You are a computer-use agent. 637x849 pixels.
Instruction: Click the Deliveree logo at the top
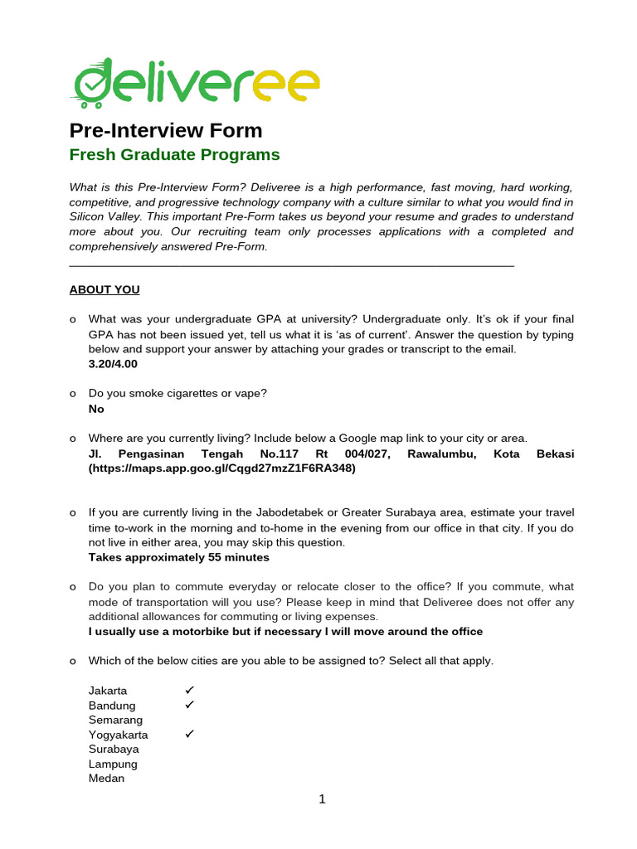point(196,84)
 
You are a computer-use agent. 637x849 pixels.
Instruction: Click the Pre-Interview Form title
point(165,130)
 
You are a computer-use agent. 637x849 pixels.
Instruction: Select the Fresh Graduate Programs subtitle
point(174,155)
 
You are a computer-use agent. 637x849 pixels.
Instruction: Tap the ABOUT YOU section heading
point(105,289)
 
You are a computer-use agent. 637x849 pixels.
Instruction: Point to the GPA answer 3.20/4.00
point(113,364)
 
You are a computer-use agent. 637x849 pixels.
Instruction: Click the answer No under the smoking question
point(96,409)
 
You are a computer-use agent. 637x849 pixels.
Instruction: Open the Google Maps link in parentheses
point(221,468)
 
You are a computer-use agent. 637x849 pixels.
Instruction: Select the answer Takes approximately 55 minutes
point(178,557)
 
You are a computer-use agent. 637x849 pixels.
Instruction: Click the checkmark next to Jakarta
point(189,690)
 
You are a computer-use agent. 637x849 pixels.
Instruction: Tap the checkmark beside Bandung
point(189,705)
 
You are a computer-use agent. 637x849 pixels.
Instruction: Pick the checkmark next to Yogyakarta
point(189,735)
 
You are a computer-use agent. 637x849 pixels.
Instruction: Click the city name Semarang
point(115,720)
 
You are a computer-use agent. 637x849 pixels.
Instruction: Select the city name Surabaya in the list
point(114,749)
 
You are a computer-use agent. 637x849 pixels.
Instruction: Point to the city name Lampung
point(113,764)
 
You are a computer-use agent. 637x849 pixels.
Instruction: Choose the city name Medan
point(106,779)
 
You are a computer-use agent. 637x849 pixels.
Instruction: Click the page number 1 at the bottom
point(323,800)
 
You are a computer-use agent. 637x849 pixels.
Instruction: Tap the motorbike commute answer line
point(285,632)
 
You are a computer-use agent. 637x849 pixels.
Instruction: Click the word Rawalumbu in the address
point(435,454)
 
